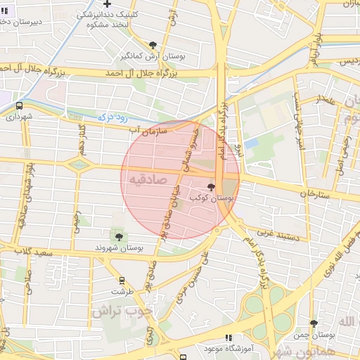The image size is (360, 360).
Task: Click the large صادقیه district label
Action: (148, 181)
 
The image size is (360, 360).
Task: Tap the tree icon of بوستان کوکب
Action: (212, 188)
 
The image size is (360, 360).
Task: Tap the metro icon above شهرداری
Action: (18, 106)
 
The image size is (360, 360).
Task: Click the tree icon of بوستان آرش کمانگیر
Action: (153, 44)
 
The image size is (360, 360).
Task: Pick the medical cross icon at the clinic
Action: (127, 5)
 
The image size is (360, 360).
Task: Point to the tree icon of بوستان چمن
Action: (314, 324)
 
